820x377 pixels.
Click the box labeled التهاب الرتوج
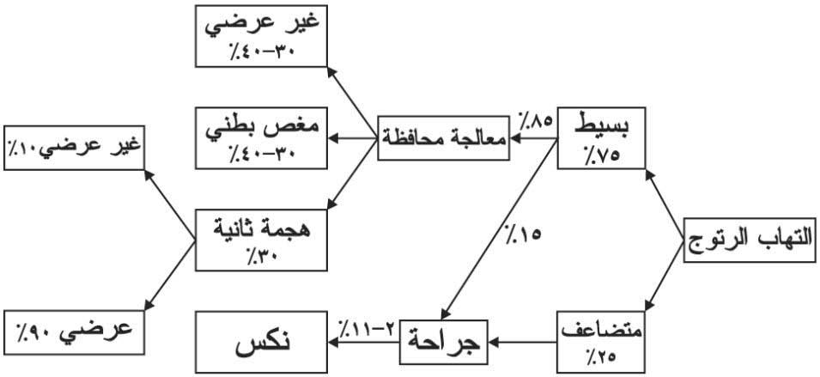coord(750,240)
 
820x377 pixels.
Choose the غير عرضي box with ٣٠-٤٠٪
coord(261,36)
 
